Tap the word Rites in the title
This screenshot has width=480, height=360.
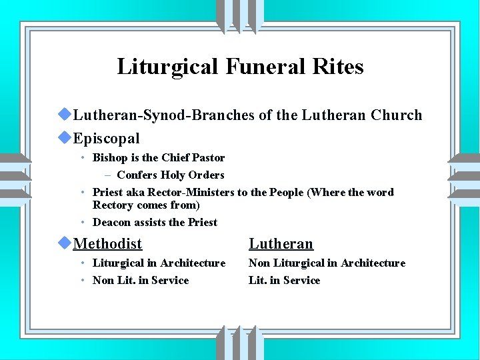pyautogui.click(x=342, y=67)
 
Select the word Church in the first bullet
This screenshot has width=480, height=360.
pyautogui.click(x=397, y=115)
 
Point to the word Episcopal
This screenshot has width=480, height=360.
pyautogui.click(x=107, y=139)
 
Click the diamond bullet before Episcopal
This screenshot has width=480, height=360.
pyautogui.click(x=65, y=138)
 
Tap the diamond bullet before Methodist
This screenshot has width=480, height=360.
pyautogui.click(x=65, y=243)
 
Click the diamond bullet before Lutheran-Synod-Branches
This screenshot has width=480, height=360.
pyautogui.click(x=65, y=115)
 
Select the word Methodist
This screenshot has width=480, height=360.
pyautogui.click(x=108, y=244)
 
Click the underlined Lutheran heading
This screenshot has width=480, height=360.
pyautogui.click(x=281, y=244)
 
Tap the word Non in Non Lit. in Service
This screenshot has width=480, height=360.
pyautogui.click(x=103, y=280)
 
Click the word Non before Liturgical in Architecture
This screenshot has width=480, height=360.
pyautogui.click(x=260, y=263)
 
